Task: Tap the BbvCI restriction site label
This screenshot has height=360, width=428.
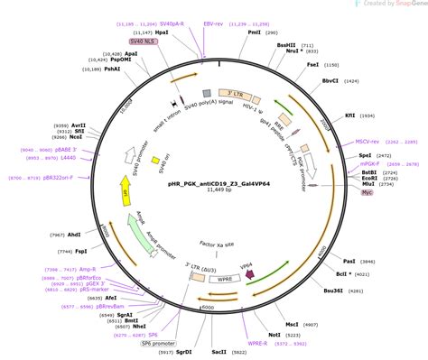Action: point(331,81)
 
